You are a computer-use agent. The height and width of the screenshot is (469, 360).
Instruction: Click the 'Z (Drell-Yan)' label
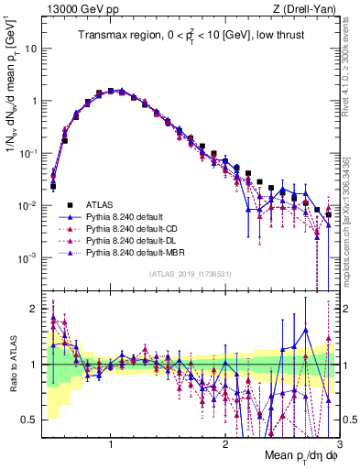(308, 9)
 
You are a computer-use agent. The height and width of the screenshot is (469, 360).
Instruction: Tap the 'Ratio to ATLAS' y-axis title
(12, 365)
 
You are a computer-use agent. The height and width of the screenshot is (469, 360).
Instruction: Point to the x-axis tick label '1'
(111, 442)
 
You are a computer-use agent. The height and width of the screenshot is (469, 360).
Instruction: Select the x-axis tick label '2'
(224, 442)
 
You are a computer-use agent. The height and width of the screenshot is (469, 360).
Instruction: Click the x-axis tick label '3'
(337, 442)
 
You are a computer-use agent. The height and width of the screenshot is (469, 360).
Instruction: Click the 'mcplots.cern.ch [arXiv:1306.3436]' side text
(354, 211)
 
